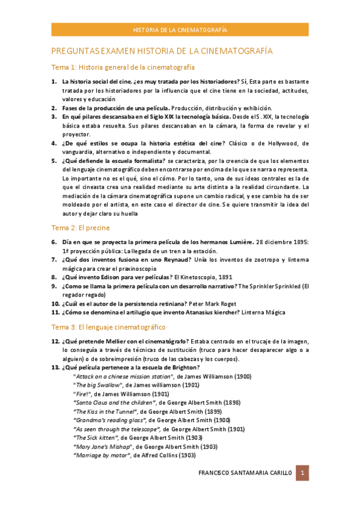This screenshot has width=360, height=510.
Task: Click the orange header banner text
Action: coord(180,29)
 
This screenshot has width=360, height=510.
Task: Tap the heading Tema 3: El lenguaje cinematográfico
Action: coord(108,327)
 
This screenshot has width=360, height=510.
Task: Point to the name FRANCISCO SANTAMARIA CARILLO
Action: coord(245,473)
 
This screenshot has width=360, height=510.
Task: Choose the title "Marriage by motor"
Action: coord(100,455)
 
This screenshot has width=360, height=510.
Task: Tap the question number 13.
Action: coord(55,367)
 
